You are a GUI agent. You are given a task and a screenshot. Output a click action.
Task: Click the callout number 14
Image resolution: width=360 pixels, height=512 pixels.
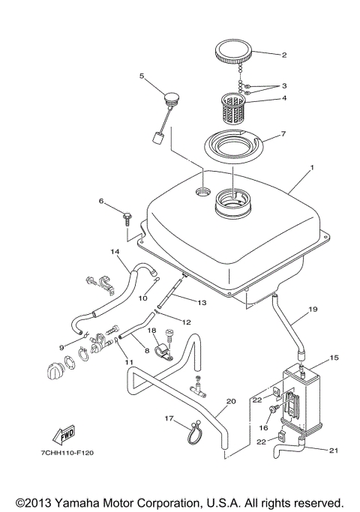(x=115, y=251)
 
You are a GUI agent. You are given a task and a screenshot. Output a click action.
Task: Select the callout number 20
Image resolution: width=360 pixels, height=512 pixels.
(x=231, y=402)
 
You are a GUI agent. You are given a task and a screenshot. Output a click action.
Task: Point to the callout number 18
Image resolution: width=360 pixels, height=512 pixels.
(x=151, y=331)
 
